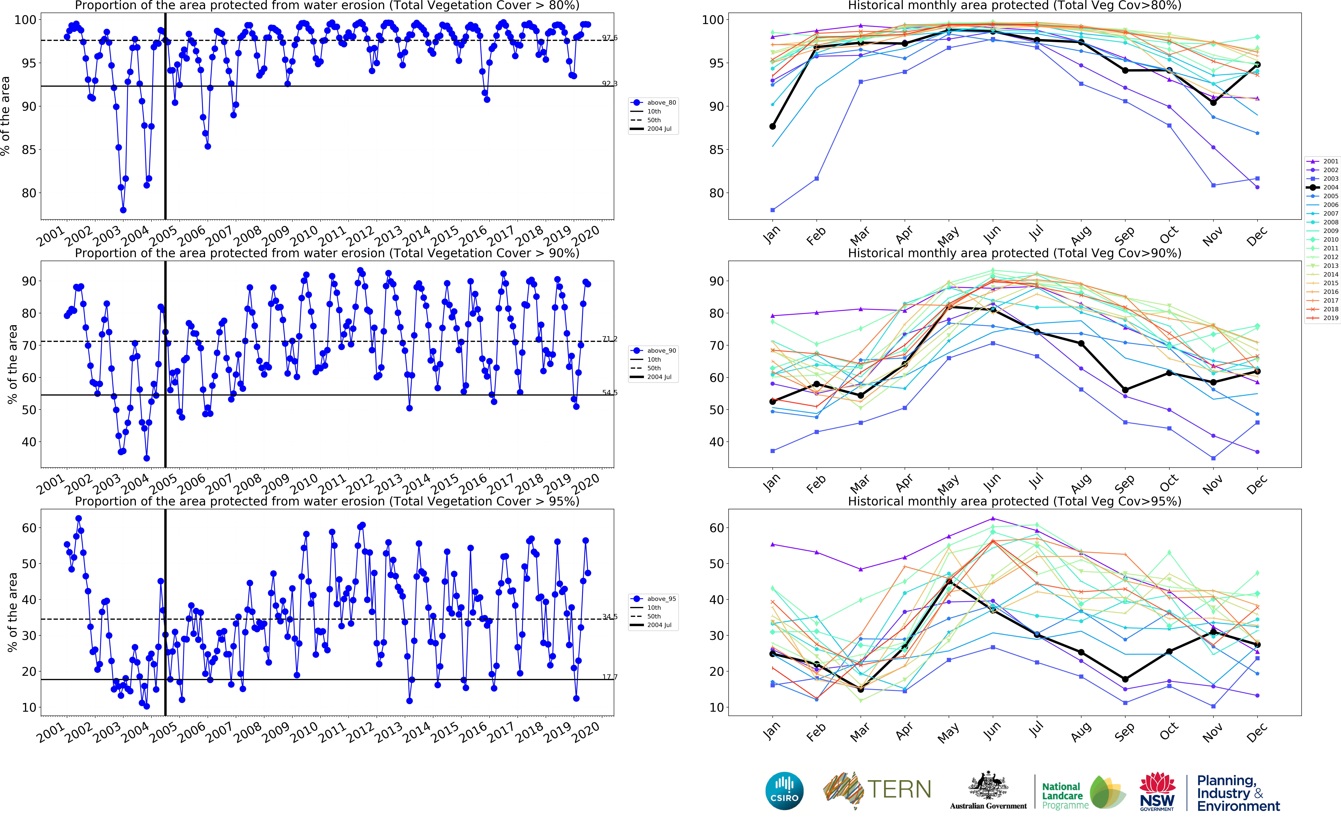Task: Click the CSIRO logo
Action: [784, 791]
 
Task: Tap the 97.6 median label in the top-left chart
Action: [610, 38]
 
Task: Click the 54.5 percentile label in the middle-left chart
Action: [610, 392]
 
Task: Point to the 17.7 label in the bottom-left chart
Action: [610, 677]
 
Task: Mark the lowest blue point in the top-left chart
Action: [123, 210]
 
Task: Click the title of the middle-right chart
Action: [1014, 253]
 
